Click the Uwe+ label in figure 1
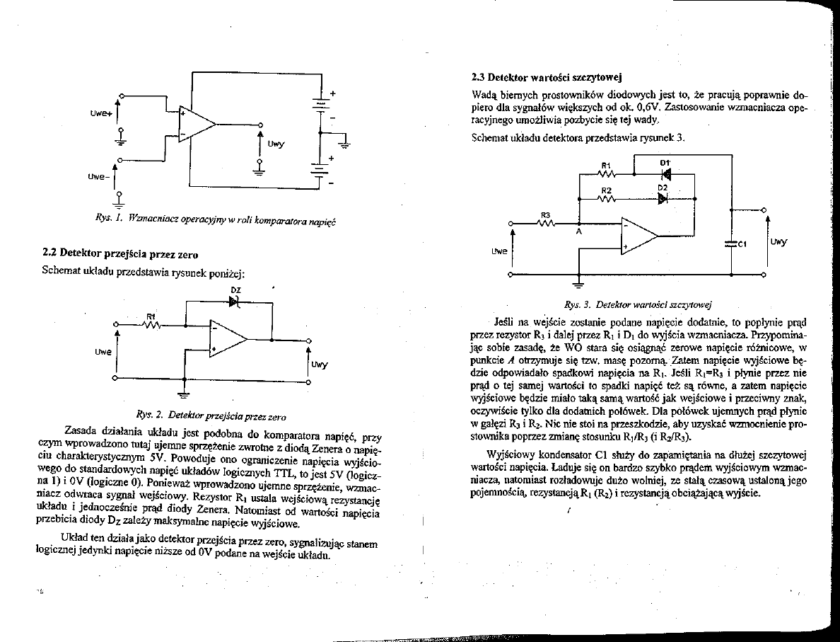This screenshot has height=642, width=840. pyautogui.click(x=100, y=110)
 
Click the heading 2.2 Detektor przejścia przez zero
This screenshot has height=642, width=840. pyautogui.click(x=120, y=253)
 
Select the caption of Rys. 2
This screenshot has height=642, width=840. pyautogui.click(x=210, y=415)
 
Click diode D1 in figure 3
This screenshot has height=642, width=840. pyautogui.click(x=664, y=173)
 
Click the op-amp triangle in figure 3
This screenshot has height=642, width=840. pyautogui.click(x=638, y=235)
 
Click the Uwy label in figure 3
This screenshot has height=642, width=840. pyautogui.click(x=779, y=242)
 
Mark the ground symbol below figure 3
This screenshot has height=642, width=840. pyautogui.click(x=578, y=285)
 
